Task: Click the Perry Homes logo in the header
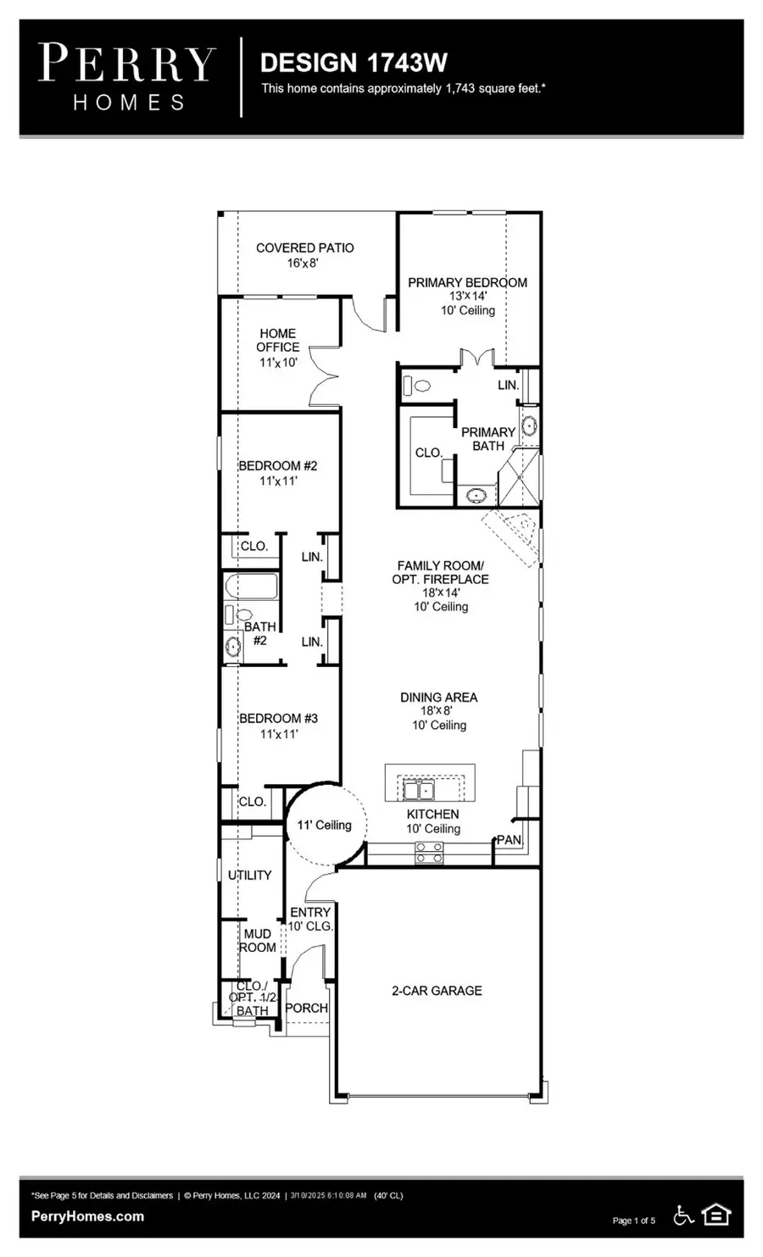[127, 77]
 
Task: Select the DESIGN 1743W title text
[354, 63]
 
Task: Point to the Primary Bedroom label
[467, 282]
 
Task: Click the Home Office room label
[278, 340]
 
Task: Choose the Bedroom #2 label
[277, 465]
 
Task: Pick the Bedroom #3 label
[278, 718]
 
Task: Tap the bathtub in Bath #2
[250, 587]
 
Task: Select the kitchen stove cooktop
[429, 853]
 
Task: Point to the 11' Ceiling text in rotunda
[324, 825]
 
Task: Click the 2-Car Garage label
[437, 990]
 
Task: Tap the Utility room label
[250, 875]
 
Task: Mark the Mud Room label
[258, 940]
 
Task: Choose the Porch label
[306, 1008]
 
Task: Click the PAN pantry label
[509, 840]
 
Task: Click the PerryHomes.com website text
[87, 1216]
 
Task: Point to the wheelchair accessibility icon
[683, 1215]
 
